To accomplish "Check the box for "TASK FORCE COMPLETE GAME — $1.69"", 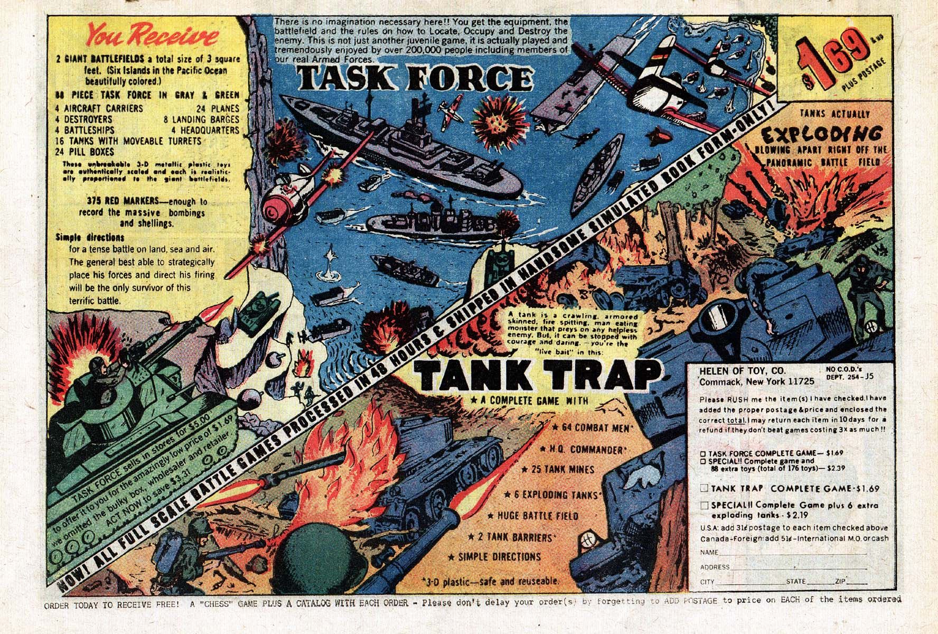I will [703, 453].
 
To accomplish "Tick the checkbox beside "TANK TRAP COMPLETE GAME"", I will [703, 488].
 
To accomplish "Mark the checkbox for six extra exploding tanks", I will [703, 506].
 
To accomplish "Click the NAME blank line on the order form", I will [792, 553].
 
